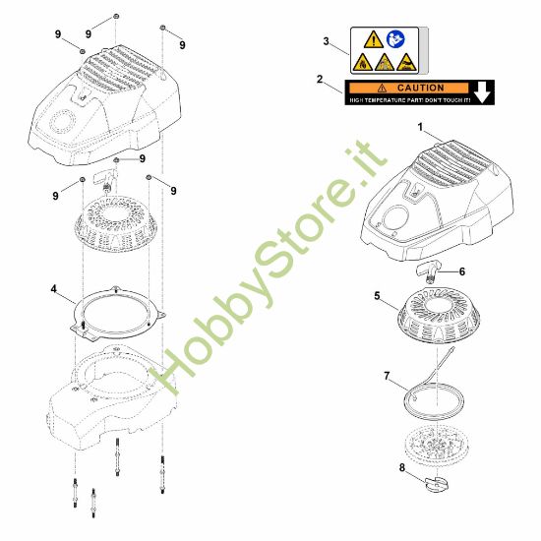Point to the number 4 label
tap(53, 290)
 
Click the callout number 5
tap(377, 294)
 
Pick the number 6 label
tap(462, 271)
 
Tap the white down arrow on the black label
tap(484, 93)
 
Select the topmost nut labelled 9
tap(117, 16)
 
